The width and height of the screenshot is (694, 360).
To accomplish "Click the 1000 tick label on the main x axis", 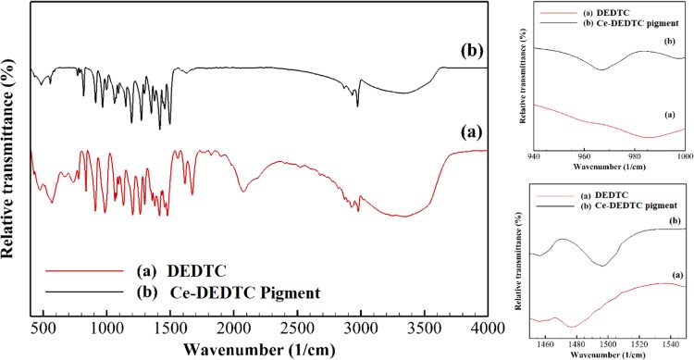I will coord(107,329).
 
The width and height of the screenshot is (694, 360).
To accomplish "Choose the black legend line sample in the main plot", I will coord(78,293).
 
